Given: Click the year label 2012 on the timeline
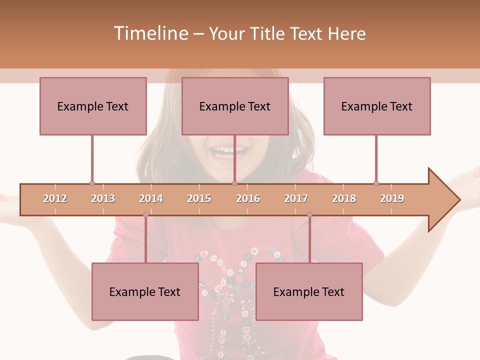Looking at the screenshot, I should pyautogui.click(x=55, y=198).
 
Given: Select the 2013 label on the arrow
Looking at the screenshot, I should pyautogui.click(x=103, y=198).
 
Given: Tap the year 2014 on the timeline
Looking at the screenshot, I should pyautogui.click(x=151, y=198).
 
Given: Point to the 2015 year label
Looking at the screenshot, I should pyautogui.click(x=199, y=198).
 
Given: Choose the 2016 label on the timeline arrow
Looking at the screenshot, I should pyautogui.click(x=248, y=198).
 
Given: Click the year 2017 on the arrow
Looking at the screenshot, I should pyautogui.click(x=296, y=198).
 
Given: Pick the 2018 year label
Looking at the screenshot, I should pyautogui.click(x=344, y=198).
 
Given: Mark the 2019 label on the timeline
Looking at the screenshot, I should pyautogui.click(x=392, y=198).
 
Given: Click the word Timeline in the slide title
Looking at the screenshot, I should pyautogui.click(x=150, y=33).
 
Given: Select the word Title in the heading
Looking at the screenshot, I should pyautogui.click(x=269, y=33).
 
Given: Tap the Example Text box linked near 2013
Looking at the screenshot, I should pyautogui.click(x=93, y=106).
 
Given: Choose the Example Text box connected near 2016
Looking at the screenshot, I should pyautogui.click(x=235, y=106).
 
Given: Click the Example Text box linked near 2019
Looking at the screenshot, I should pyautogui.click(x=377, y=106).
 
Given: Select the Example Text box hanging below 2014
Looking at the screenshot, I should pyautogui.click(x=145, y=291).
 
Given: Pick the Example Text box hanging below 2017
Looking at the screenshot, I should pyautogui.click(x=309, y=291).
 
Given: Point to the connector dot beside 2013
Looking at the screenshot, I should pyautogui.click(x=92, y=183).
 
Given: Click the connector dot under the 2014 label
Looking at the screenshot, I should pyautogui.click(x=145, y=214).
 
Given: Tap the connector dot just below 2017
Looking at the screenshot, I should pyautogui.click(x=309, y=214).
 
